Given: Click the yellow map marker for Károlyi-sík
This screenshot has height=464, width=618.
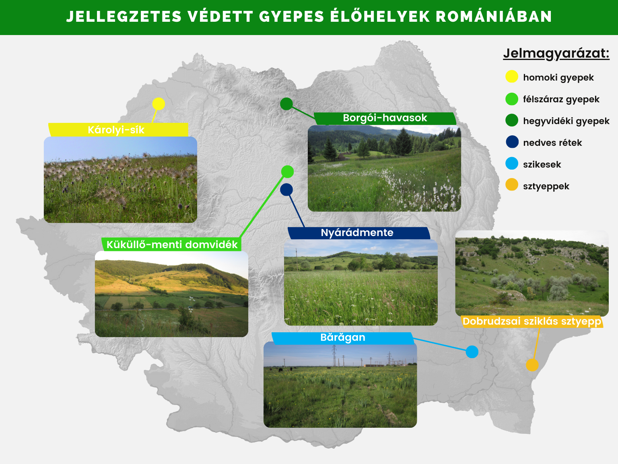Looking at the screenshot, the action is pos(159,104).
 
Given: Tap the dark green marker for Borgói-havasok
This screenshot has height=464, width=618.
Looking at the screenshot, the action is pos(286,104).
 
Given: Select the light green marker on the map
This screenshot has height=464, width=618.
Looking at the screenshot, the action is pos(287,172).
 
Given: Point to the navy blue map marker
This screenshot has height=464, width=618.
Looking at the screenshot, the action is pos(286,190).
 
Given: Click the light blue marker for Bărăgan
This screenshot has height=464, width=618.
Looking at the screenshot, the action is pos(472,352).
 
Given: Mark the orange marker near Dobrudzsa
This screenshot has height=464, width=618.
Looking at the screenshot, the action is pos(532,365).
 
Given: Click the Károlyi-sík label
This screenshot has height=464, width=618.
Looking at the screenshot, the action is pos(116,130).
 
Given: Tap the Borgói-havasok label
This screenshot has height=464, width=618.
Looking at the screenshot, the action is pos(385,118).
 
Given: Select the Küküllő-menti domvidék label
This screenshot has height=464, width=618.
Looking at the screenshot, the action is pos(172,244).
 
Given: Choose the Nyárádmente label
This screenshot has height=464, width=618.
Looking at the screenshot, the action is pos(357,232).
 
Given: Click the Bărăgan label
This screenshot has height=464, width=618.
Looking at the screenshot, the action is pos(343,337).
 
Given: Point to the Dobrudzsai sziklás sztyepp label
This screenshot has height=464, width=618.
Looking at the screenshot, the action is pos(532,321).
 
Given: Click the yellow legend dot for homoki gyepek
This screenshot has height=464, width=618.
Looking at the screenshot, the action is pos(512,77).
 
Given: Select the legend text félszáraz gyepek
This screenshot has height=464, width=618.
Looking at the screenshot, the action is pos(561,99).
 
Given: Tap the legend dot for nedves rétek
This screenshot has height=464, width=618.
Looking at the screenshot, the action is pos(512,142).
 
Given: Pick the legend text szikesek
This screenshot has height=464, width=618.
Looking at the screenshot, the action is pos(542,164).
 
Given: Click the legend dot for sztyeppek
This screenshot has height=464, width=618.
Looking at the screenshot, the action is pos(512,185).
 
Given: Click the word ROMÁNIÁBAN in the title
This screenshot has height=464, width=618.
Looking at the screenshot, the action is pos(494,17).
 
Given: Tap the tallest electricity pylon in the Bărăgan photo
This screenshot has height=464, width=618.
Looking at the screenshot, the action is pos(334,356).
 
